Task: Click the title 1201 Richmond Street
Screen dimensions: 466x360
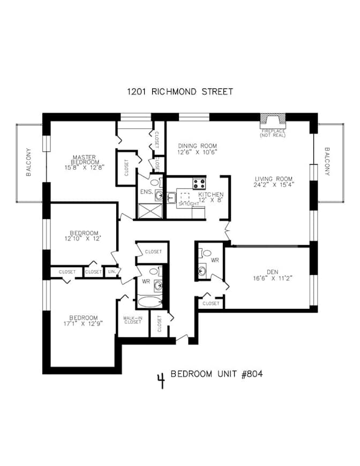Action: click(x=179, y=92)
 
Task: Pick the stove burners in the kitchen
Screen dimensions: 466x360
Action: click(x=199, y=183)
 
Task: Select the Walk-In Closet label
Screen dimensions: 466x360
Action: click(x=131, y=320)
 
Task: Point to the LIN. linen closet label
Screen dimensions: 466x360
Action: click(x=111, y=272)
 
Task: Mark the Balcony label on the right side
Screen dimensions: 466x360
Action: click(x=327, y=162)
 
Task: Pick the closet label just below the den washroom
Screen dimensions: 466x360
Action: click(x=211, y=304)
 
